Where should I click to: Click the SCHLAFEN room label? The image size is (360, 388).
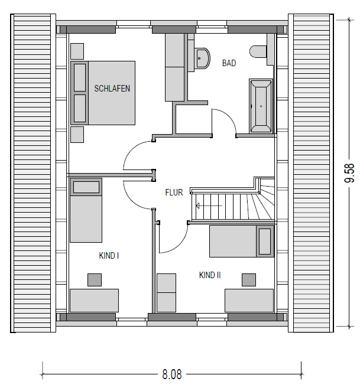[112, 89]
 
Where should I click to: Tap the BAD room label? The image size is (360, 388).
[229, 63]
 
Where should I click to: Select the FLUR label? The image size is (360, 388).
[174, 193]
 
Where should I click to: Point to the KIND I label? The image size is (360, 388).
[109, 256]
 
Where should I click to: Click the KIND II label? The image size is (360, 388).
[210, 275]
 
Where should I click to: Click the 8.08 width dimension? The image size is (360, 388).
[172, 374]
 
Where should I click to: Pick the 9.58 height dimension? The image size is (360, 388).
[349, 173]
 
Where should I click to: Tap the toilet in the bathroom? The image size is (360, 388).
[258, 52]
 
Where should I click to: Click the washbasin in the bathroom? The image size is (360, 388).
[203, 58]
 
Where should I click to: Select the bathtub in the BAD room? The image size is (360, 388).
[261, 106]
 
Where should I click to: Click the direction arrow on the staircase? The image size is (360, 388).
[209, 206]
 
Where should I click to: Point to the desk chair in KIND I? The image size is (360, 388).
[95, 280]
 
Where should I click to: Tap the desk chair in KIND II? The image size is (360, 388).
[249, 280]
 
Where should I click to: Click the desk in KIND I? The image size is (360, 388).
[94, 301]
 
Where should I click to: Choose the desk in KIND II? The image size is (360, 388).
[249, 301]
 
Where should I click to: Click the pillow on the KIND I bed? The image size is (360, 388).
[86, 187]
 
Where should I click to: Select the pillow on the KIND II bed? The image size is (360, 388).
[265, 242]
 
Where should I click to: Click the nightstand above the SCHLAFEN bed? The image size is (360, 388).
[77, 51]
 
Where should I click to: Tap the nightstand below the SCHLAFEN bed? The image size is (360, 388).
[77, 135]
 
